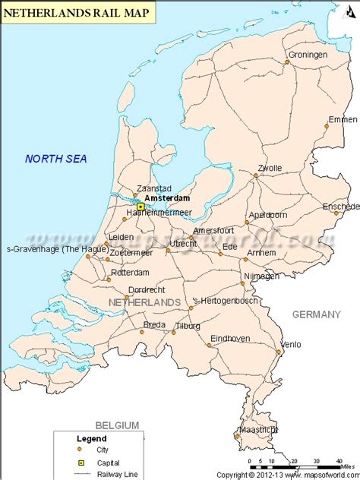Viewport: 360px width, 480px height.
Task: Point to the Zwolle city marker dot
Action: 256,176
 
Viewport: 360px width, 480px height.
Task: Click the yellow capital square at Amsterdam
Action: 141,206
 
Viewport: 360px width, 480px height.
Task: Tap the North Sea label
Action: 56,159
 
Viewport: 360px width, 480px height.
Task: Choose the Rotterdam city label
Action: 129,272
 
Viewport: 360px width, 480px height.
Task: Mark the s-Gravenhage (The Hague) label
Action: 45,248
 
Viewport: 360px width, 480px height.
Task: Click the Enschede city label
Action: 340,206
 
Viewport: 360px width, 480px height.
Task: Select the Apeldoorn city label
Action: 268,215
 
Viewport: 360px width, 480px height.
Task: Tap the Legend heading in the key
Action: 92,438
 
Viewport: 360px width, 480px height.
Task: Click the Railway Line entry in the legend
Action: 103,473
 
